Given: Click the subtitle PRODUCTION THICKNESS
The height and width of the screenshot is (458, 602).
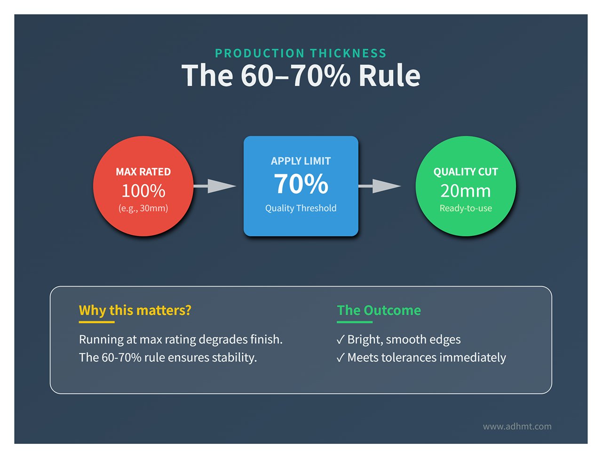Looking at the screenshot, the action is [301, 53].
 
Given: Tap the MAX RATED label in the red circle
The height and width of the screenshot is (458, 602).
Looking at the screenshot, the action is [143, 172].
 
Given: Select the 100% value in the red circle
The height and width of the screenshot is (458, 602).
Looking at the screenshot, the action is [143, 191].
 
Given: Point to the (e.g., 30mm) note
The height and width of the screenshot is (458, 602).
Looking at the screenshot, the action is [143, 208].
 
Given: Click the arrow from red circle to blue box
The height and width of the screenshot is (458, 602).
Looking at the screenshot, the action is [215, 186].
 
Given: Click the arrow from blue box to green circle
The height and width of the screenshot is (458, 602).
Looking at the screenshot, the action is [380, 186].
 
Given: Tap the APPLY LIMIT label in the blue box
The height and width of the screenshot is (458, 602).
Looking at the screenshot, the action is [301, 161].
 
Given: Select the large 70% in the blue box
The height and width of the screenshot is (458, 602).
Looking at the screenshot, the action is [301, 184].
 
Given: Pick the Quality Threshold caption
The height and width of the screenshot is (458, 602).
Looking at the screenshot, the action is [301, 208].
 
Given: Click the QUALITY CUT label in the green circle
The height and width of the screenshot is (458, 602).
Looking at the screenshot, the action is [466, 172].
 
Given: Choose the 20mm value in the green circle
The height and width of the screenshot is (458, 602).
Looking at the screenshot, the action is [466, 191].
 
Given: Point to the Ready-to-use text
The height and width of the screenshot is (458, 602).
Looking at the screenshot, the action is [466, 208].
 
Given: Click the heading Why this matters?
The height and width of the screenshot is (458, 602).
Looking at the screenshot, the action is [135, 311].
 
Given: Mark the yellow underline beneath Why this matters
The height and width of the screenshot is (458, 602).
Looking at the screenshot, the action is [96, 322].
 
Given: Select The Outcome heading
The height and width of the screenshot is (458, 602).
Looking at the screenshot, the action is [379, 311].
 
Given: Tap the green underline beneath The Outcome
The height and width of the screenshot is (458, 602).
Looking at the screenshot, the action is [355, 322].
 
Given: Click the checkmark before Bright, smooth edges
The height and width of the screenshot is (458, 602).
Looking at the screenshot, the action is [341, 340].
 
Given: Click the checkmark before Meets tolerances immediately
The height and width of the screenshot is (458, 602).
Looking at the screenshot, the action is [341, 358].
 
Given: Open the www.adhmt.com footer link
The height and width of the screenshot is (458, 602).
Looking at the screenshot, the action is [517, 427].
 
